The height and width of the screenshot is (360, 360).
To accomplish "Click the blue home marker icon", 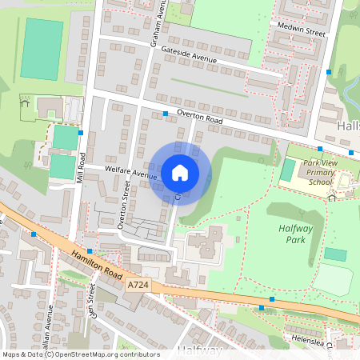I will coord(180,173).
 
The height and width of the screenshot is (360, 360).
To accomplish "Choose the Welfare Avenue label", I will coord(130,173).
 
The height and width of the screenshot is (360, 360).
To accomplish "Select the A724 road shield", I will coord(138,285).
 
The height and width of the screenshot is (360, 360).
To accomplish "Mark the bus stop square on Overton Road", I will coord(166,114).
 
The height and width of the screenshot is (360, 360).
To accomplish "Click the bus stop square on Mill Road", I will coord(82,132).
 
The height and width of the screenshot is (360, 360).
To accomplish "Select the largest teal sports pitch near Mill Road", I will coord(41,49).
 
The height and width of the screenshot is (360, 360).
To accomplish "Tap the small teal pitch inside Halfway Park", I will coord(335,254).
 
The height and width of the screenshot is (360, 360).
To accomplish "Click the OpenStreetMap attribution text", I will coord(81,354).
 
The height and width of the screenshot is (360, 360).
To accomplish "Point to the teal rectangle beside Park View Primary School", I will coord(287,170).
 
